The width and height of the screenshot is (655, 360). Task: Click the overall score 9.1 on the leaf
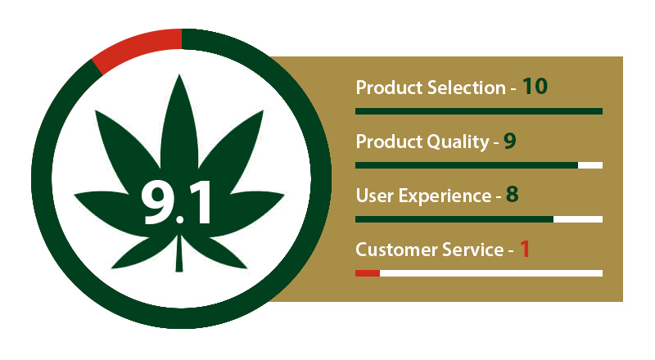point(176,204)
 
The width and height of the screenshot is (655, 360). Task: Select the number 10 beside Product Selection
point(535,87)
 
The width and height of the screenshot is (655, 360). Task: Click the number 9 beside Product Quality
point(509,142)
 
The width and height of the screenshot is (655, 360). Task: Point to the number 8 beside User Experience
point(513,195)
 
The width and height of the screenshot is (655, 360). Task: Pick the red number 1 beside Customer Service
point(525,249)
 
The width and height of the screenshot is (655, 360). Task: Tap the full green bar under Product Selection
point(479,111)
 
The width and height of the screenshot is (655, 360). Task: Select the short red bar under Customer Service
point(367,273)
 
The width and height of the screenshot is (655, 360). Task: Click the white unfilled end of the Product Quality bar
point(590,165)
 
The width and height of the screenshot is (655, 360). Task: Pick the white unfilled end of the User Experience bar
point(578,219)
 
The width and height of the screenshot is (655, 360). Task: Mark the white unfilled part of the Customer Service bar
point(491,273)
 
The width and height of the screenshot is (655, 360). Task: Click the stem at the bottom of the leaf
point(179,254)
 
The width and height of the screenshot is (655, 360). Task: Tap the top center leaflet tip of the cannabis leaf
point(179,75)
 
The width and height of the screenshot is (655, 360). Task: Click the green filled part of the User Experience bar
point(454,219)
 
